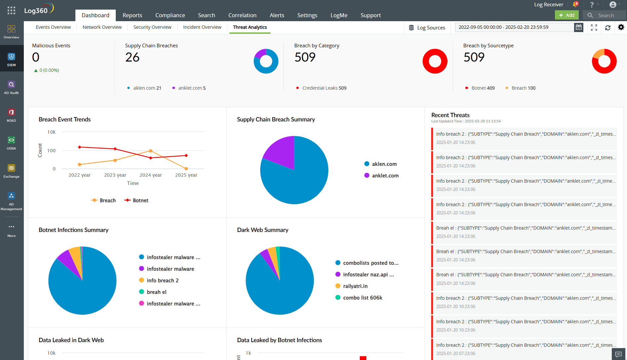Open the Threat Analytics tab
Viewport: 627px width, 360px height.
tap(250, 27)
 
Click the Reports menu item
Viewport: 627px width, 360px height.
tap(132, 15)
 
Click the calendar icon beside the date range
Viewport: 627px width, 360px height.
tap(578, 27)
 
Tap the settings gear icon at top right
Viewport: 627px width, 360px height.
tap(621, 27)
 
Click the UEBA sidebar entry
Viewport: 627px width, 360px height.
tap(11, 143)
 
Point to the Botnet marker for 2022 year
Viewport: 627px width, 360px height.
tap(79, 147)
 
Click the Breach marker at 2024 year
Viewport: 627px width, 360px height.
tap(150, 151)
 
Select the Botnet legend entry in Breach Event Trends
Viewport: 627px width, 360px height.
tap(136, 201)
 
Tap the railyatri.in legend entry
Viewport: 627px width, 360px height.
tap(355, 286)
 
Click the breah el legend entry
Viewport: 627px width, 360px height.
tap(156, 292)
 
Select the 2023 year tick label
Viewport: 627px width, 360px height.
tap(115, 175)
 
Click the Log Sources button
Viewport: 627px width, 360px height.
tap(427, 28)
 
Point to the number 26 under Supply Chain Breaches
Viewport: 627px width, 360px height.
tap(132, 58)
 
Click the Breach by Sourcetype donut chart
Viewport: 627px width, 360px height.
tap(604, 61)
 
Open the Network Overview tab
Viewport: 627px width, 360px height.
tap(102, 27)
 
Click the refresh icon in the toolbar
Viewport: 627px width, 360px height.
tap(607, 28)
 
